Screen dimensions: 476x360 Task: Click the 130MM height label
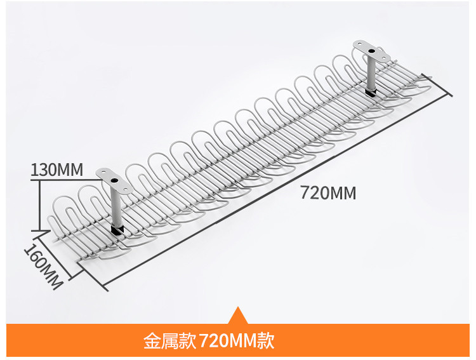(x=57, y=170)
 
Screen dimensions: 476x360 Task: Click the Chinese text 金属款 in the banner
(x=169, y=341)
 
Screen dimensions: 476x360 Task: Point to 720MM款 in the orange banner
(x=237, y=341)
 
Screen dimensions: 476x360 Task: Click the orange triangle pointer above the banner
(x=238, y=316)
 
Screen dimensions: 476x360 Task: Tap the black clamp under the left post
(x=117, y=228)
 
